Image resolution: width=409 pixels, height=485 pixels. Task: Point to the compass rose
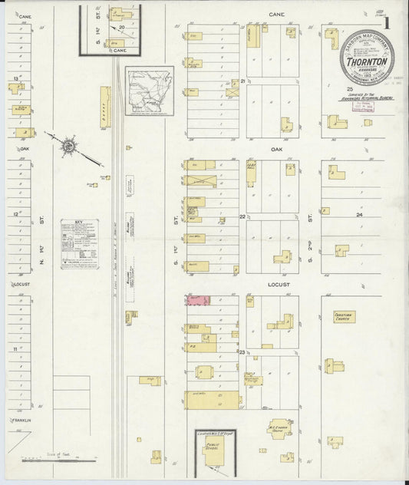click(x=69, y=144)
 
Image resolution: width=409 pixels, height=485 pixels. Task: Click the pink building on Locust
click(x=198, y=299)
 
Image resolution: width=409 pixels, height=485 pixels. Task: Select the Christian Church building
click(x=345, y=315)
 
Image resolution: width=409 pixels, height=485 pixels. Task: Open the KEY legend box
click(x=83, y=243)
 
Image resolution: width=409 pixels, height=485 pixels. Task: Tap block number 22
click(x=242, y=217)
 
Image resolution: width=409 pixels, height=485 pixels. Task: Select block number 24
click(x=358, y=216)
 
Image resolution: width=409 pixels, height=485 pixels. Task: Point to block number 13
click(x=15, y=79)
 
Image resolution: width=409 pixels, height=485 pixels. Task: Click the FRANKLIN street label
click(x=20, y=419)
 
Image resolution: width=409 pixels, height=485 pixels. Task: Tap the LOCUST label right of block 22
click(x=277, y=284)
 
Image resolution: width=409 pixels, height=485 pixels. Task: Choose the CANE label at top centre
click(x=276, y=15)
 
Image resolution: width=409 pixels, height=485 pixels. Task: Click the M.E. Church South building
click(x=279, y=426)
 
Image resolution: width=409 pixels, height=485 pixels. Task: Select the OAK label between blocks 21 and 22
click(x=276, y=149)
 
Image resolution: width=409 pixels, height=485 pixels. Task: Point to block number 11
click(x=15, y=348)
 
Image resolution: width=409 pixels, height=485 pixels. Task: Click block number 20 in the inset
click(x=121, y=28)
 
